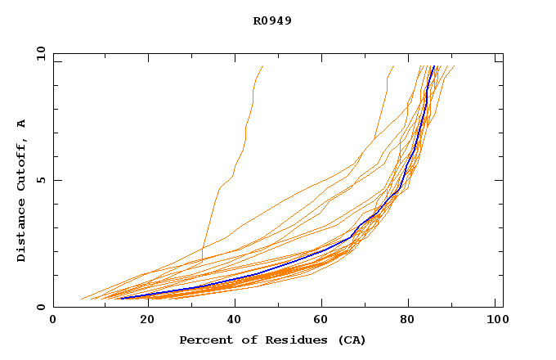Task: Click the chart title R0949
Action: point(272,21)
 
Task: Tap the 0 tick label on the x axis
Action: point(53,321)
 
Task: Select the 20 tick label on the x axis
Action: point(141,321)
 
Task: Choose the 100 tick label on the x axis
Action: point(495,321)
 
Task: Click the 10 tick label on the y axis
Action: point(39,53)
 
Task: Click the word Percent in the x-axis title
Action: point(204,340)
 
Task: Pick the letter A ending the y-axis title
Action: point(21,123)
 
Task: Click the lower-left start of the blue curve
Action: point(121,299)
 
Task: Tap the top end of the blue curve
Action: point(433,67)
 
